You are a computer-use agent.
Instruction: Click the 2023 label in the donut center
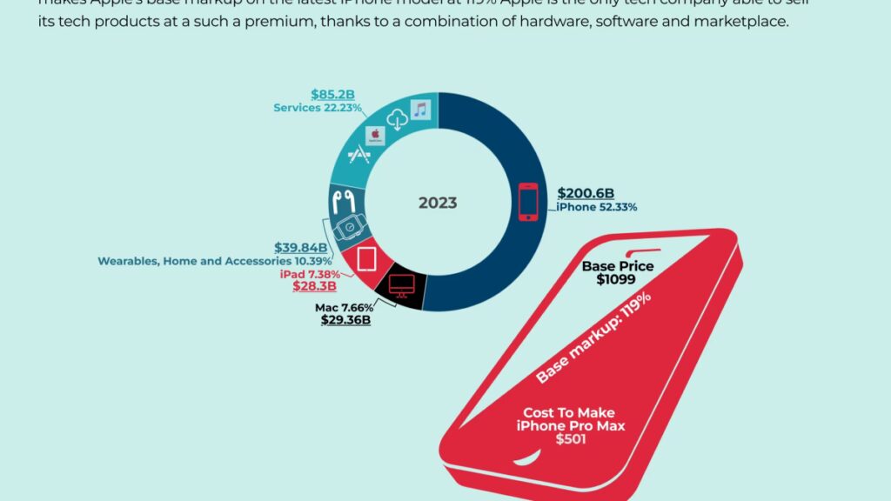(438, 203)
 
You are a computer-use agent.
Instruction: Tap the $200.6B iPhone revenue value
(586, 192)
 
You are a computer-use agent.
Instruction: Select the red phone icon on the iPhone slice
(528, 201)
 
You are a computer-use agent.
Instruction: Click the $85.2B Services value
(332, 94)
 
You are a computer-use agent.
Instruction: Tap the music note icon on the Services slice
(420, 110)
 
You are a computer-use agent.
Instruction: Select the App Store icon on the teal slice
(357, 158)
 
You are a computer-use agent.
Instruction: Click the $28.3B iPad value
(309, 286)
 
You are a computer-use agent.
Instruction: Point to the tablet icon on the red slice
(365, 258)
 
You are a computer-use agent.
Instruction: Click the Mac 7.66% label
(344, 307)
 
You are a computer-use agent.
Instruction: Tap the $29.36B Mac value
(345, 320)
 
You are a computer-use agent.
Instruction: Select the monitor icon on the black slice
(401, 285)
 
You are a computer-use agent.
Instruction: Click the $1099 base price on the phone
(617, 280)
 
